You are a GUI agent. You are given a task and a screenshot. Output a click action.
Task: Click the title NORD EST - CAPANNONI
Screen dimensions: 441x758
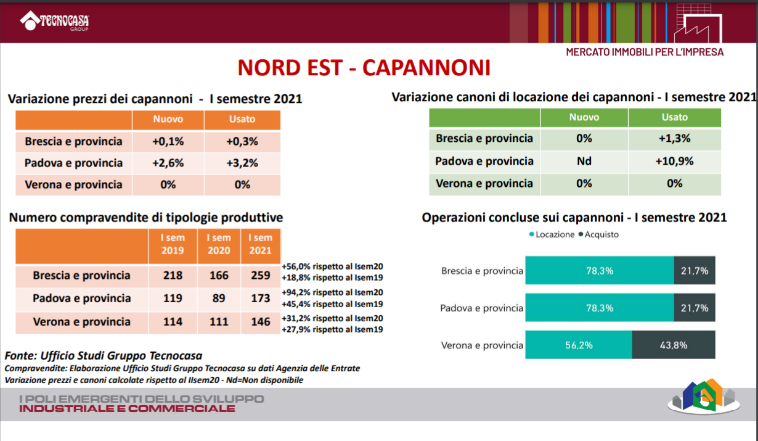point(364,67)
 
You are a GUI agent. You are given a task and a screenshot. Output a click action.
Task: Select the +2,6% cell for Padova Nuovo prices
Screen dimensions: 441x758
point(168,163)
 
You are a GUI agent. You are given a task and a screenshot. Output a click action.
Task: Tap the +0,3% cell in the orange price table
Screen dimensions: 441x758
point(242,141)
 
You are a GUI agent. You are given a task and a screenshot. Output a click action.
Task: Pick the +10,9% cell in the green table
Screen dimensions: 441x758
point(675,161)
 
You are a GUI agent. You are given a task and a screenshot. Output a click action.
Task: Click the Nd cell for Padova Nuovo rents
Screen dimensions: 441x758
point(584,161)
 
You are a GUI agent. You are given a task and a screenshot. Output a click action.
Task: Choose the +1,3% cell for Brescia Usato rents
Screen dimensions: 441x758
point(675,138)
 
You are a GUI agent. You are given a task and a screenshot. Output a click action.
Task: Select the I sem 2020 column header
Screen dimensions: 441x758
point(219,244)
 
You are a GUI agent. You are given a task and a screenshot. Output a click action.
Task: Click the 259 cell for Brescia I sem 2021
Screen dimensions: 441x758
point(261,276)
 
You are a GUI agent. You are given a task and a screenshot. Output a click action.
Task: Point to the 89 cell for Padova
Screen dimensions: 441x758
point(219,299)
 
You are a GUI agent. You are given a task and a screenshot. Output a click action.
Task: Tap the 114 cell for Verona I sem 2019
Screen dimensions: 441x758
point(173,322)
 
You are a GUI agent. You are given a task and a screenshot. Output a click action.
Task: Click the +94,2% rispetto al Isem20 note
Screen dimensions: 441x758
point(332,292)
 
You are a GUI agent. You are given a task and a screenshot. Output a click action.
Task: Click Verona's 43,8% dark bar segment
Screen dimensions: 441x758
point(674,345)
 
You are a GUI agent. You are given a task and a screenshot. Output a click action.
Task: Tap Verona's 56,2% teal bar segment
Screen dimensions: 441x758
point(579,345)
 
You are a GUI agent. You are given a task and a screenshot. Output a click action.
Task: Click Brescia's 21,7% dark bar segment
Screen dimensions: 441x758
point(695,271)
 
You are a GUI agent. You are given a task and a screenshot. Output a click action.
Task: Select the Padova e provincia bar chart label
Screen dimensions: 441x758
point(482,308)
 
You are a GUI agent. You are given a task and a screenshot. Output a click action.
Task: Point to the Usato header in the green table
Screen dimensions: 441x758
point(675,117)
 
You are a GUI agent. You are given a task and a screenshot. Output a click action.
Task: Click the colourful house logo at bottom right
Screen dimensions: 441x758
point(704,397)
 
